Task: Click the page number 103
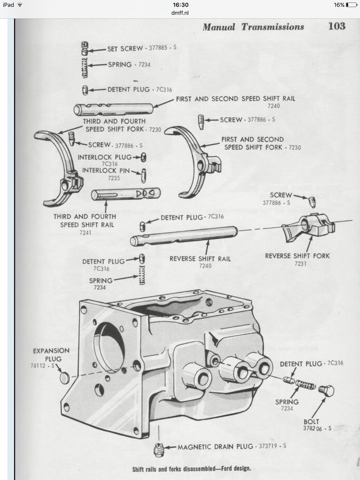pyautogui.click(x=337, y=26)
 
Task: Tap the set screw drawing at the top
pyautogui.click(x=85, y=48)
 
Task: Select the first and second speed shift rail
pyautogui.click(x=113, y=109)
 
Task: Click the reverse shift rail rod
pyautogui.click(x=184, y=235)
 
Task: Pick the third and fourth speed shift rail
pyautogui.click(x=126, y=194)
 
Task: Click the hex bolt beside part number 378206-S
pyautogui.click(x=325, y=390)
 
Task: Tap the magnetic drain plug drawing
pyautogui.click(x=158, y=450)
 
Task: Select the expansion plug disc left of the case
pyautogui.click(x=65, y=377)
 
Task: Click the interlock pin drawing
pyautogui.click(x=143, y=175)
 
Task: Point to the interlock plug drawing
pyautogui.click(x=143, y=157)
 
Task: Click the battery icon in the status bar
pyautogui.click(x=351, y=5)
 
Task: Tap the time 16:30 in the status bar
pyautogui.click(x=180, y=5)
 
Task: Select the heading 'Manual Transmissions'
pyautogui.click(x=253, y=27)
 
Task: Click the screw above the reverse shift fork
pyautogui.click(x=312, y=202)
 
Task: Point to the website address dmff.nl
pyautogui.click(x=180, y=13)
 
